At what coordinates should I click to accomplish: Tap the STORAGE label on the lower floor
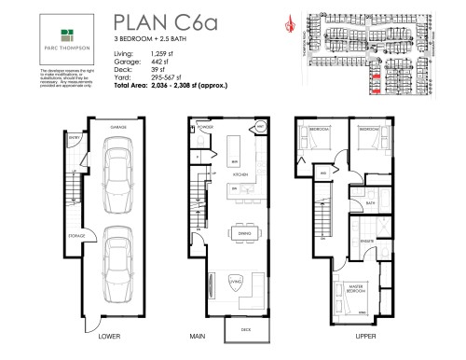tap(79, 236)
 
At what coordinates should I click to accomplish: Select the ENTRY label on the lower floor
tap(75, 162)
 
